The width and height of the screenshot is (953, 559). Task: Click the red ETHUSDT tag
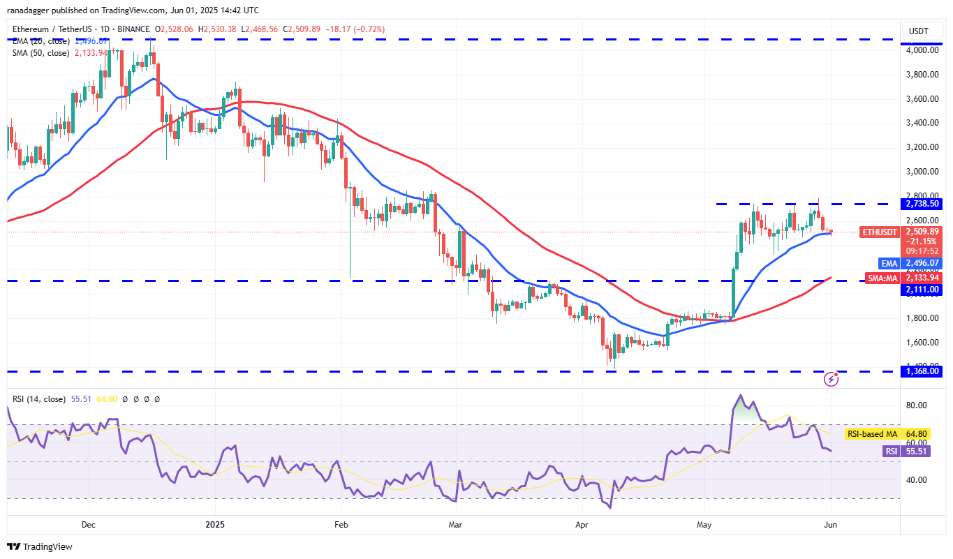coord(879,232)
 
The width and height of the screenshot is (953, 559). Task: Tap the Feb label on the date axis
coord(341,523)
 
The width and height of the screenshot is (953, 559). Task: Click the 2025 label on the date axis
coord(215,523)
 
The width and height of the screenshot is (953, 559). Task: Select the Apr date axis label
coord(582,523)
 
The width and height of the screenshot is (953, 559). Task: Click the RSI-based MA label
coord(872,434)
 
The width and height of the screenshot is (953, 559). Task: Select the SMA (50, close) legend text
coord(40,52)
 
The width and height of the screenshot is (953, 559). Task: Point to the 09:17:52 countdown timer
coord(923,251)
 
